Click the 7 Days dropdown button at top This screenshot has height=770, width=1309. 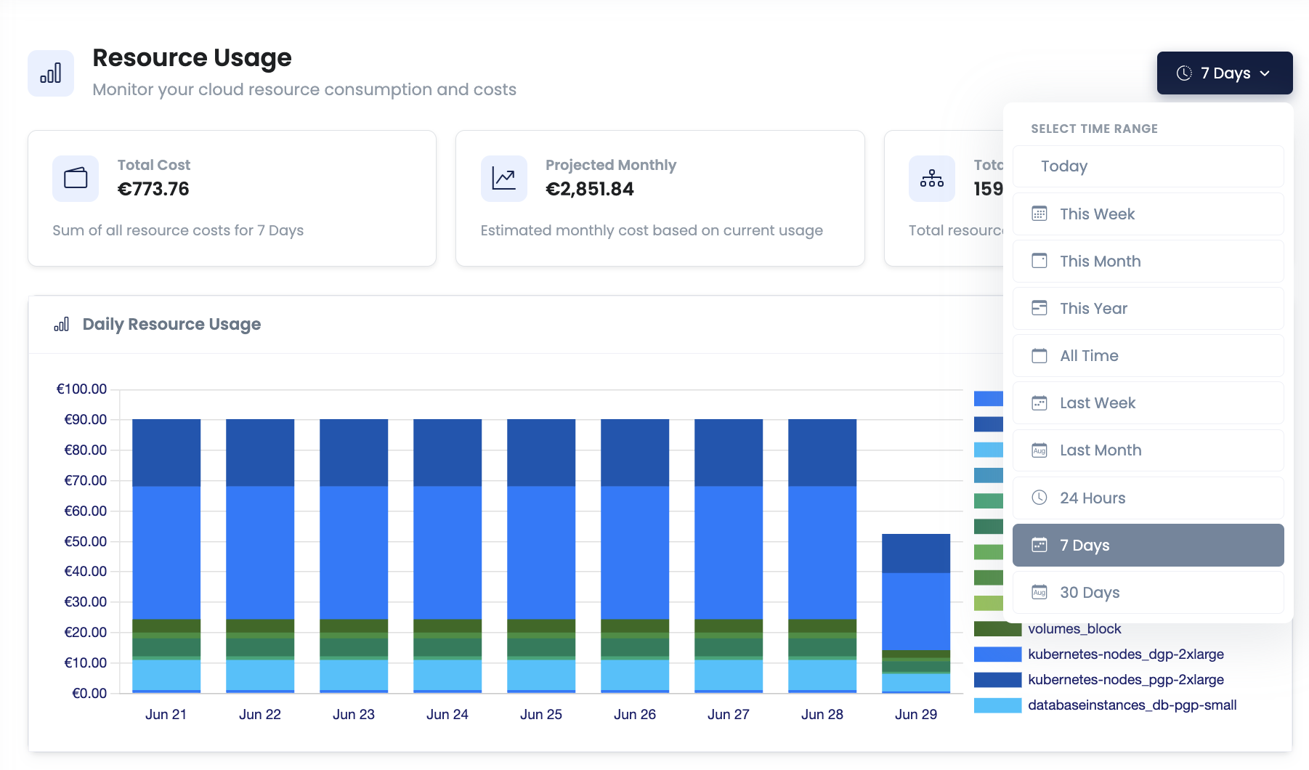coord(1224,73)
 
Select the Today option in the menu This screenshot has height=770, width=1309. coord(1148,166)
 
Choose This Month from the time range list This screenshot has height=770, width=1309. coord(1148,261)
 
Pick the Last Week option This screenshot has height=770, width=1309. coord(1148,403)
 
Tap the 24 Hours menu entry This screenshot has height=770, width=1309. coord(1148,498)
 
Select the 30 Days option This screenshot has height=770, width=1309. coord(1148,592)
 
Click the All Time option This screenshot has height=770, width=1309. coord(1148,356)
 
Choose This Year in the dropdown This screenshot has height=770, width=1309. coord(1148,308)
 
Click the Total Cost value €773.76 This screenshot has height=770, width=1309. coord(153,189)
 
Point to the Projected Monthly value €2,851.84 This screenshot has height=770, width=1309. coord(589,189)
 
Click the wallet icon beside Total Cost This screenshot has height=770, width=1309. coord(76,178)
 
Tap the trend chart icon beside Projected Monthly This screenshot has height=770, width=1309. coord(503,178)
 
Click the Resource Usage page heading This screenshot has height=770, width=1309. coord(192,58)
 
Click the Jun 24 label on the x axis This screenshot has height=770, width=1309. coord(447,714)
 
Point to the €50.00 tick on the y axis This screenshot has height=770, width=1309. coord(85,541)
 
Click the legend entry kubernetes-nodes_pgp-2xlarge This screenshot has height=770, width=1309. coord(1125,679)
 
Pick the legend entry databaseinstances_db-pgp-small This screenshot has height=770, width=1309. coord(1132,705)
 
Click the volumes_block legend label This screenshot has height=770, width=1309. coord(1074,629)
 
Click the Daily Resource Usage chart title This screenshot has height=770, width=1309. coord(171,324)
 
